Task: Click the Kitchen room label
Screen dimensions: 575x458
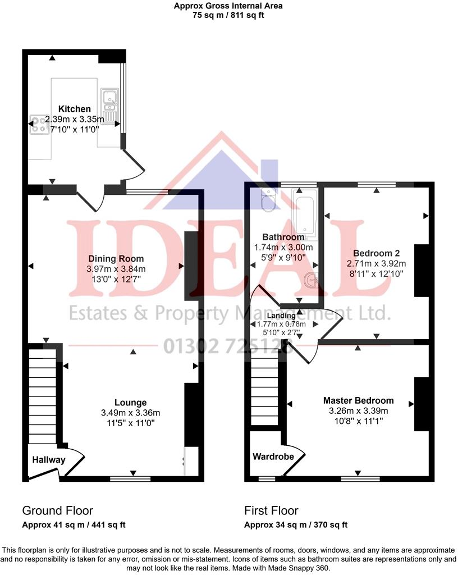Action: (75, 109)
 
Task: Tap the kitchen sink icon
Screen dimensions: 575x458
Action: (109, 104)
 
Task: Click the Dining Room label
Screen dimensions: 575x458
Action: (116, 259)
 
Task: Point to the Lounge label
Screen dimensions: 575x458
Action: (130, 402)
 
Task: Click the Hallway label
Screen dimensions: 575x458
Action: (48, 460)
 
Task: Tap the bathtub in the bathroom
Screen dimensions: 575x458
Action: (305, 216)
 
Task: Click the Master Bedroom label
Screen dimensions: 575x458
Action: (358, 400)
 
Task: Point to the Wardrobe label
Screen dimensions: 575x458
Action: (273, 457)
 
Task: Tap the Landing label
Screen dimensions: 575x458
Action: (281, 316)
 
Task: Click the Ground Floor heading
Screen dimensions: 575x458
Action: (57, 511)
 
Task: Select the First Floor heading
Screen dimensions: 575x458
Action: (271, 511)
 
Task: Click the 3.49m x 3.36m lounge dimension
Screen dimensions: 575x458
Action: (131, 413)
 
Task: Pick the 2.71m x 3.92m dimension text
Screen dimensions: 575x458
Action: (376, 263)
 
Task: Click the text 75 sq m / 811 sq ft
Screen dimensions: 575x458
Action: (228, 15)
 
